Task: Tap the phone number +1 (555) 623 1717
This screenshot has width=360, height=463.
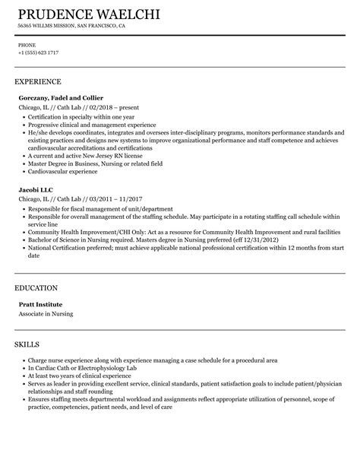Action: pos(38,52)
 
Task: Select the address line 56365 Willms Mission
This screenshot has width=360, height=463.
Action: pos(71,25)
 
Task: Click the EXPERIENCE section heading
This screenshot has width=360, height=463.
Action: pos(38,80)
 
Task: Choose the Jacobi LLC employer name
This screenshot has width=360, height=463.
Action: pos(37,188)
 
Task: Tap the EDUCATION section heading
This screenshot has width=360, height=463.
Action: pos(36,267)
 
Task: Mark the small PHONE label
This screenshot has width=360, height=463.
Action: pos(27,44)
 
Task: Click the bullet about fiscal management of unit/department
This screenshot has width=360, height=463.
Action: pos(99,208)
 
